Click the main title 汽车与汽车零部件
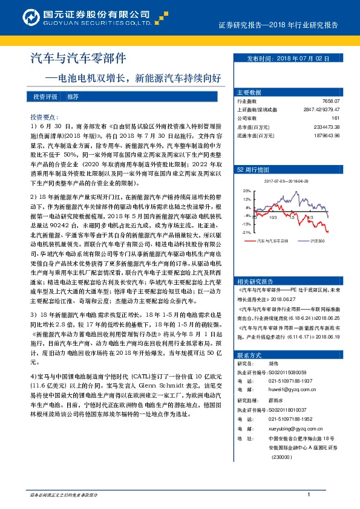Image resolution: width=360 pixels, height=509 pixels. click(x=79, y=59)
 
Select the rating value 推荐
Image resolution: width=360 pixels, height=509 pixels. click(x=73, y=97)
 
